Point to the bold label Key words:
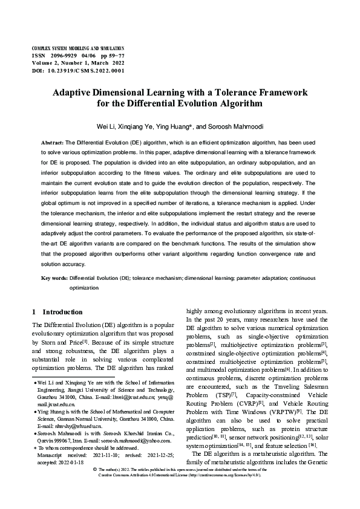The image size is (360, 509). click(54, 278)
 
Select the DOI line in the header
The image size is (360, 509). click(77, 71)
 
